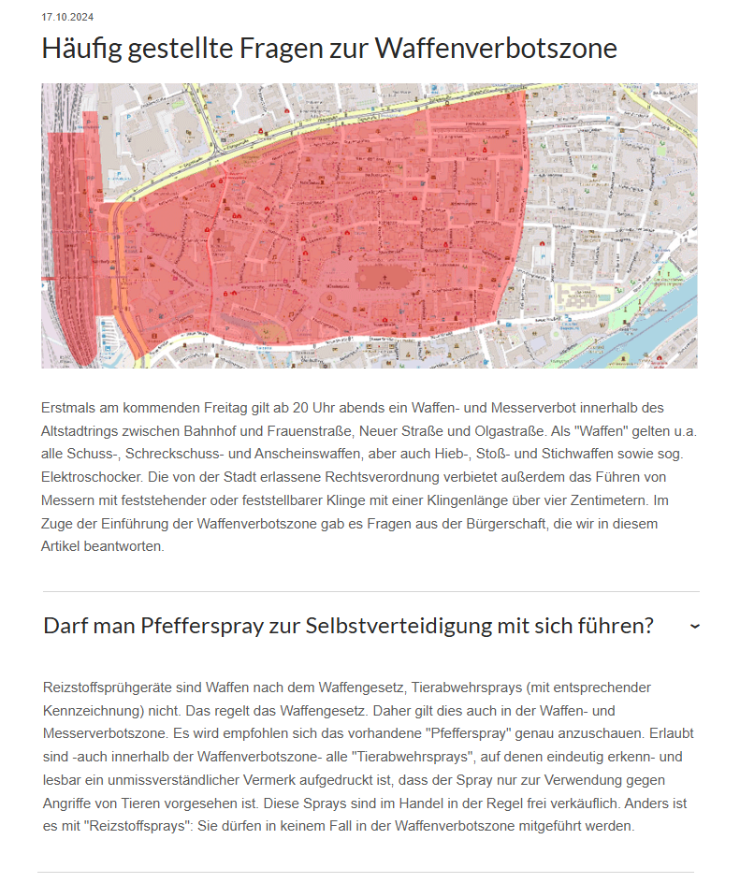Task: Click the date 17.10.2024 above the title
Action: [x=67, y=17]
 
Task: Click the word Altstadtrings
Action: [x=85, y=431]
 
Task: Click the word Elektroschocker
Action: [x=91, y=477]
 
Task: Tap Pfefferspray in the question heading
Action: [x=196, y=626]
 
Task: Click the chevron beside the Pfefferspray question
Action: [x=694, y=626]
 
